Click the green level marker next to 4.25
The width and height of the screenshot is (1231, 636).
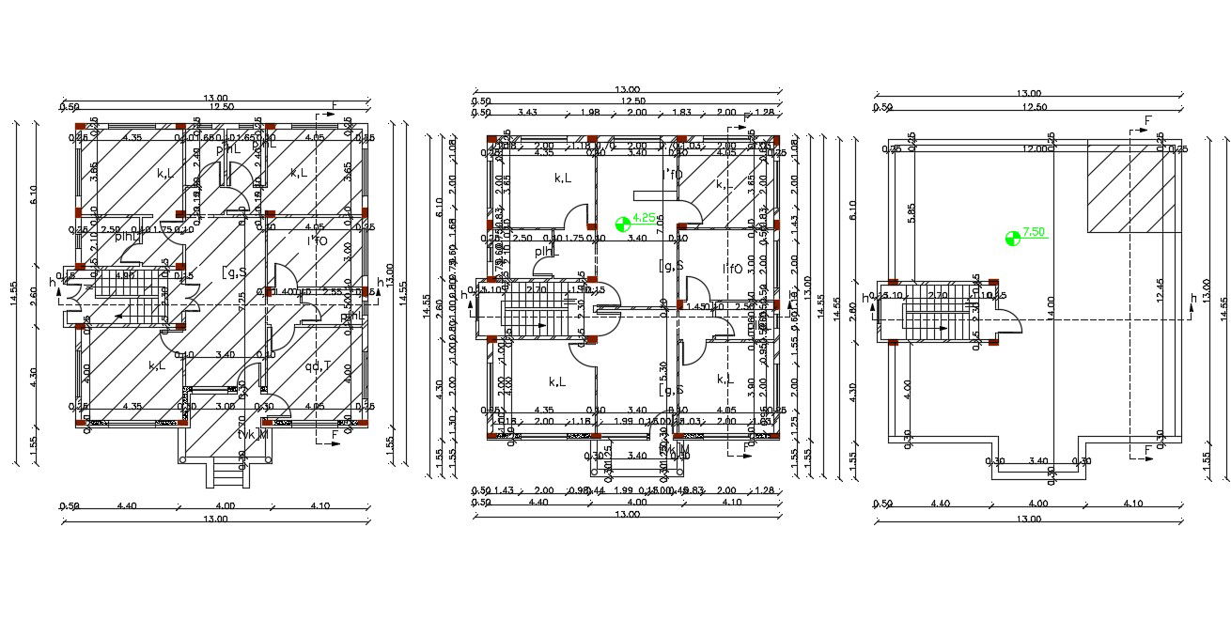pyautogui.click(x=620, y=224)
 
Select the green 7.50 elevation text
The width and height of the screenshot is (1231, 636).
pyautogui.click(x=1034, y=231)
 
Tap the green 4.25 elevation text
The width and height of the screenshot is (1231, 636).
pyautogui.click(x=644, y=217)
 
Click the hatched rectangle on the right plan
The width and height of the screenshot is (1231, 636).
pyautogui.click(x=1132, y=188)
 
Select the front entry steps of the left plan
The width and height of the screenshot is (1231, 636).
pyautogui.click(x=228, y=475)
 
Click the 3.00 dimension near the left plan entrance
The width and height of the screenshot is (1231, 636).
pyautogui.click(x=226, y=407)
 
